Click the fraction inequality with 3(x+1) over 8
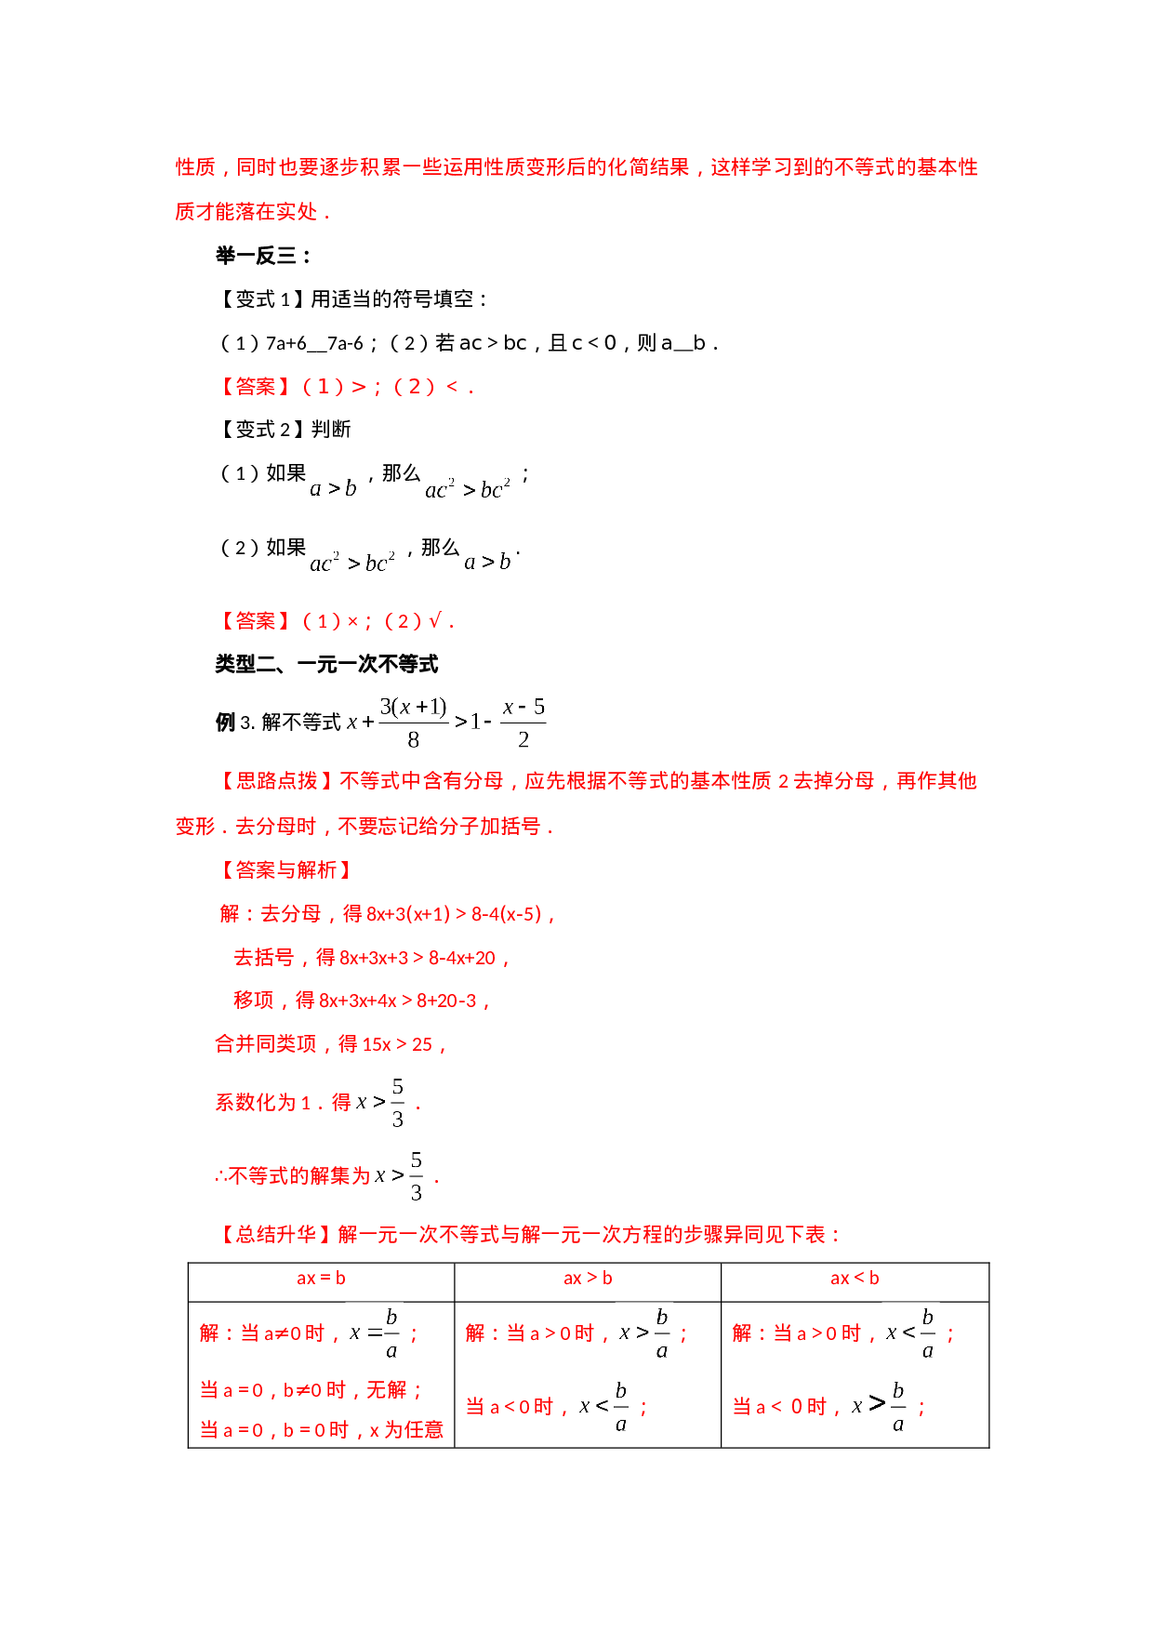(445, 722)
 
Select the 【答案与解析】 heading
(286, 870)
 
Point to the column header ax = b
(321, 1279)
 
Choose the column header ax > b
(588, 1279)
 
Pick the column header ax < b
(855, 1279)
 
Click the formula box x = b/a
(374, 1333)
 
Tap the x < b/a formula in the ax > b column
(603, 1405)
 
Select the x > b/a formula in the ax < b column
(879, 1405)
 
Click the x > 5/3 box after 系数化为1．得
(379, 1102)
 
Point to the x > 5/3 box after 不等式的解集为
(398, 1175)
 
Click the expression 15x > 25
(397, 1044)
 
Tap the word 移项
(254, 1001)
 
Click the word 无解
(386, 1390)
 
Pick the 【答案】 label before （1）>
(256, 387)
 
